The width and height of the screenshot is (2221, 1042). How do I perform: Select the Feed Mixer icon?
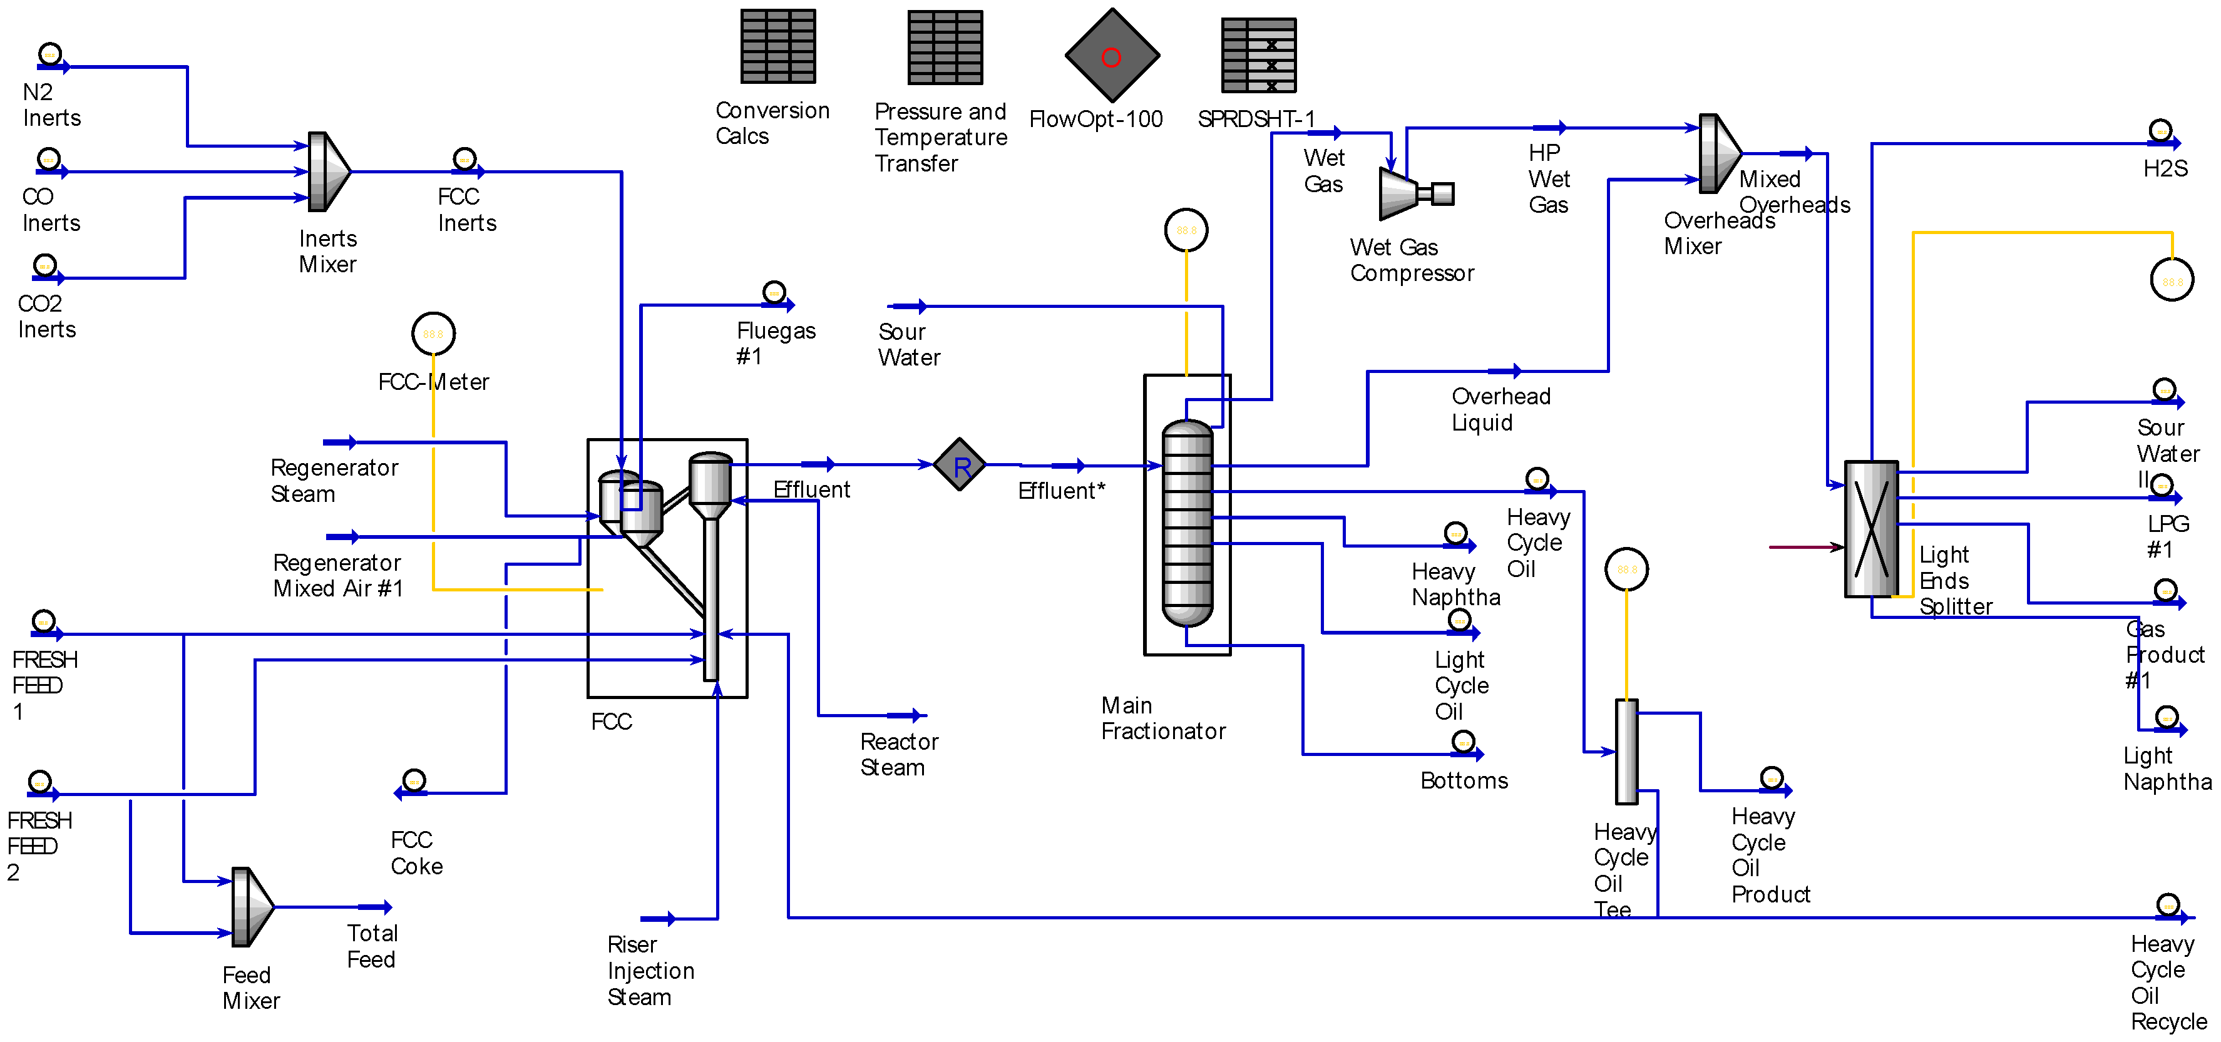(252, 907)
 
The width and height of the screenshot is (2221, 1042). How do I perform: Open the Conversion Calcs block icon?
(777, 46)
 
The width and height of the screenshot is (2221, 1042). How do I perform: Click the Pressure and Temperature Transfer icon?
(945, 48)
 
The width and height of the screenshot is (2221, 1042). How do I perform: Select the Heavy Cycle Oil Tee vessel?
(1626, 751)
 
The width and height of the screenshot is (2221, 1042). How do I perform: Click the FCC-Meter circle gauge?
(433, 334)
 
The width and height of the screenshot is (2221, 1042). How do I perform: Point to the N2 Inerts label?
(52, 105)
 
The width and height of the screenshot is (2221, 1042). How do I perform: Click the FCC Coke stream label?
(416, 852)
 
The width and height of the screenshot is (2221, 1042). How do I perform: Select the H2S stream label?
(2165, 169)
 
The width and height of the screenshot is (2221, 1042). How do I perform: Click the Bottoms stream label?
(1464, 781)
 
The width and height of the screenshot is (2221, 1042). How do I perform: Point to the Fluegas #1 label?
(775, 343)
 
